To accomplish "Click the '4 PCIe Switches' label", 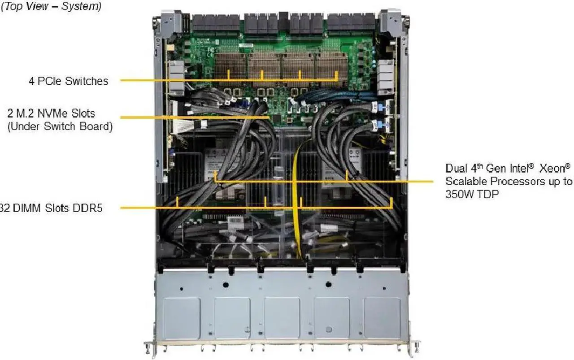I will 69,81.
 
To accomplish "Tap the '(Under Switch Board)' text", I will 60,126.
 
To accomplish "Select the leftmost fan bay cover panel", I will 182,318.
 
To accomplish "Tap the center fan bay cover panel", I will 282,318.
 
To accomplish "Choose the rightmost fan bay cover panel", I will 382,318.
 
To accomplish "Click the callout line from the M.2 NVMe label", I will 193,118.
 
